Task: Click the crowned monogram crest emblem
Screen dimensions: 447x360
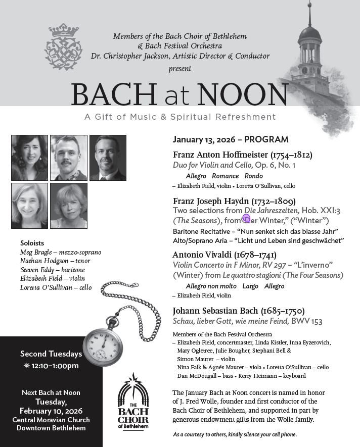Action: (63, 47)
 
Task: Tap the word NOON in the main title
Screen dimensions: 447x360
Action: (243, 94)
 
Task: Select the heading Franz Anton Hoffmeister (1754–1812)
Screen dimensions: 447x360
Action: (243, 155)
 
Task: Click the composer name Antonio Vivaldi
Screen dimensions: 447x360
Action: (199, 255)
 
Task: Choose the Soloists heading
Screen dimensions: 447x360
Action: (32, 243)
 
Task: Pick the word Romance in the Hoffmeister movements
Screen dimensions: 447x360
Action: (225, 176)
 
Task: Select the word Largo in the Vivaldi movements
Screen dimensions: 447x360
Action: (250, 286)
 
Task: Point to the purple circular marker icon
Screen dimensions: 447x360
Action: (246, 218)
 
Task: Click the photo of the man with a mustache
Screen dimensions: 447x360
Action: (69, 158)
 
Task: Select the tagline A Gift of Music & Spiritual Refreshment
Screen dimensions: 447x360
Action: (180, 117)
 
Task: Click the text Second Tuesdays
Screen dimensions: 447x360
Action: (51, 354)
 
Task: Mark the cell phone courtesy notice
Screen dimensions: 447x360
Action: (235, 434)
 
